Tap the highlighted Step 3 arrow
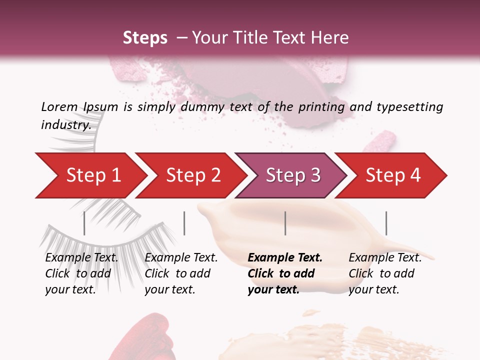293,175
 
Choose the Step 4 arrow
393,175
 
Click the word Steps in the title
145,38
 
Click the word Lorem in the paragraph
59,106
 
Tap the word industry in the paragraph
65,125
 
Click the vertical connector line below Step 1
84,223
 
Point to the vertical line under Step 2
184,223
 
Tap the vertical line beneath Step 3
285,223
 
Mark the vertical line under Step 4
386,223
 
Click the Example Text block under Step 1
81,273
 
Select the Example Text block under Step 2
181,273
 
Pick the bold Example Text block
285,273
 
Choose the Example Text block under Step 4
385,273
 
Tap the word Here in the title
329,38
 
